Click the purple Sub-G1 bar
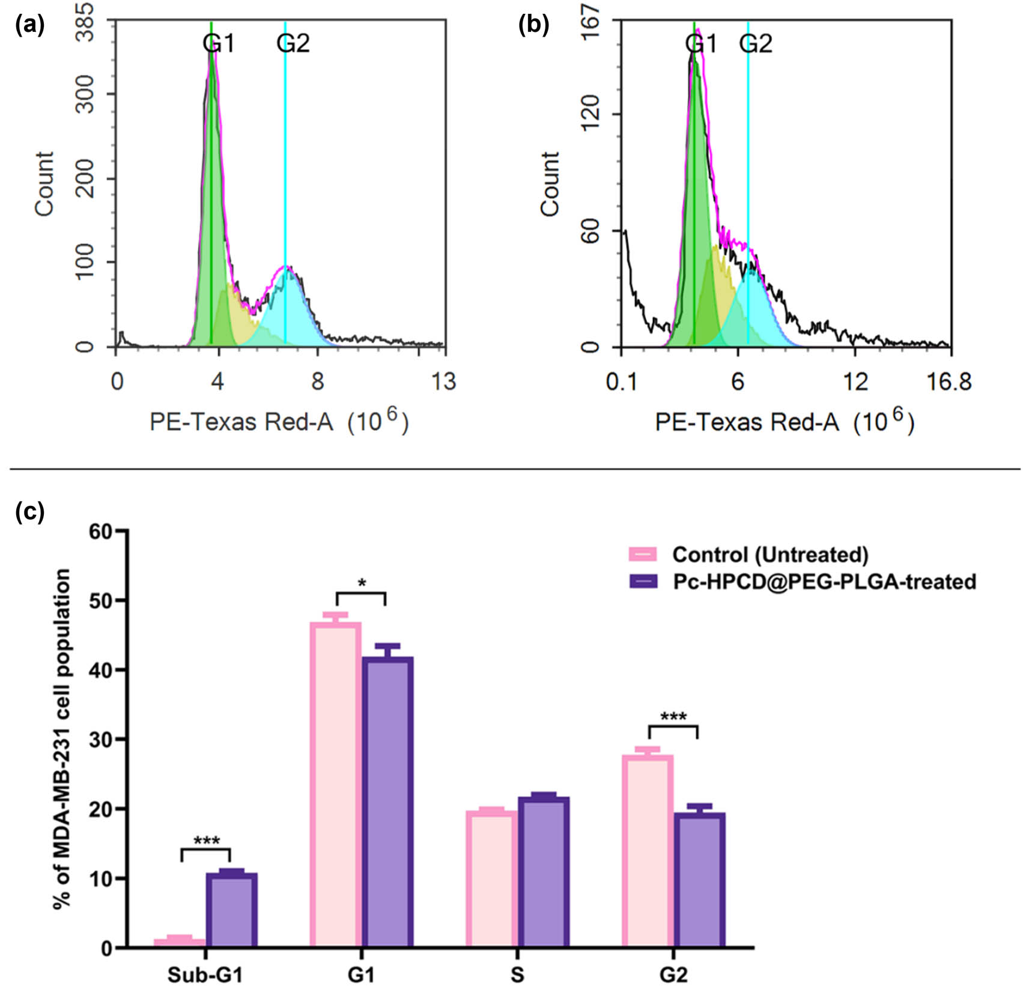coord(231,910)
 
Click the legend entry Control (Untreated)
coord(770,554)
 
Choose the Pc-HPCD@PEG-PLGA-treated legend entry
coord(824,581)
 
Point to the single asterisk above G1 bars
coord(361,583)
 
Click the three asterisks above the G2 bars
coord(673,717)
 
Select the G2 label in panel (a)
coord(293,43)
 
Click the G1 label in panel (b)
coord(701,43)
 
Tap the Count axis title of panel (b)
coord(549,183)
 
